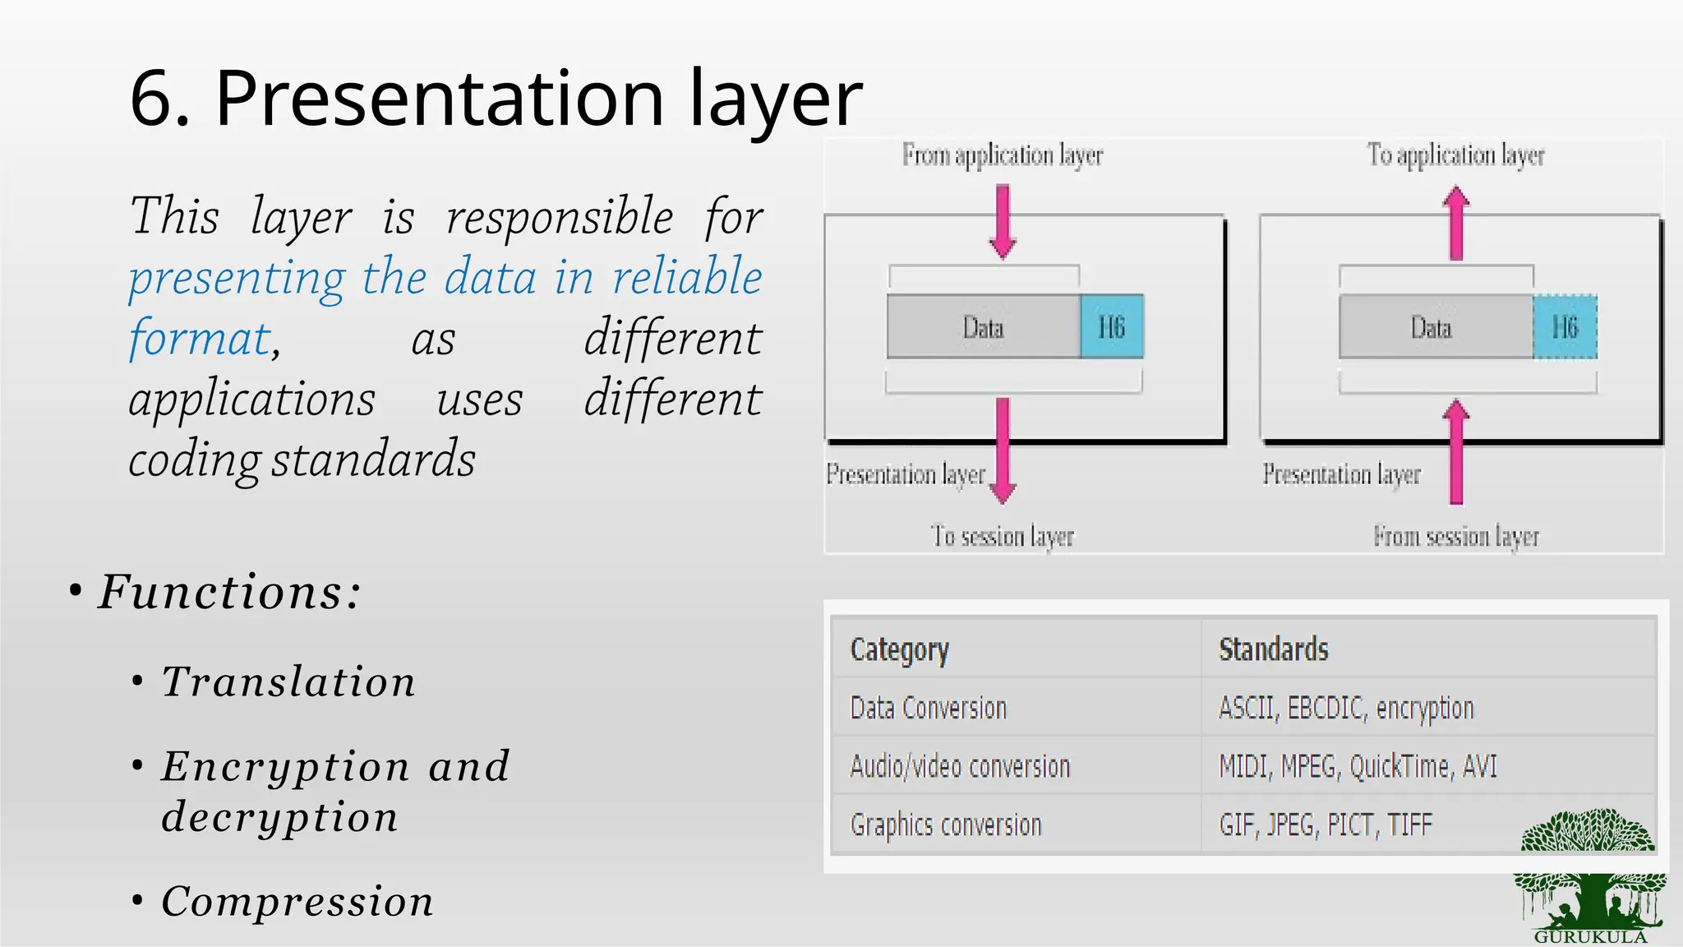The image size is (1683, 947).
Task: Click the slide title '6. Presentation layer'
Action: point(496,99)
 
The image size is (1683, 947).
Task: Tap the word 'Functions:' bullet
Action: point(229,592)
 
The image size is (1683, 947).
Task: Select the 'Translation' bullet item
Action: point(288,681)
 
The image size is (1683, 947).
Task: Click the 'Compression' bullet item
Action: point(297,901)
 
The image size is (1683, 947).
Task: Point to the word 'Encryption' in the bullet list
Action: point(285,766)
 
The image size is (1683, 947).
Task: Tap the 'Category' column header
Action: point(899,649)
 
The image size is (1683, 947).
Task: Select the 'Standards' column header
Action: point(1273,649)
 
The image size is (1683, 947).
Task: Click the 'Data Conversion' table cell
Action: point(928,708)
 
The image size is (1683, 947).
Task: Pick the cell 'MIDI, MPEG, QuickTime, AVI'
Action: point(1358,766)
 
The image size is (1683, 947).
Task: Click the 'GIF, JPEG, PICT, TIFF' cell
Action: point(1325,825)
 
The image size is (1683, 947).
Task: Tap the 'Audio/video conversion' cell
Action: point(960,766)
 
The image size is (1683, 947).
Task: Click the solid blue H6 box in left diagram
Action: point(1111,327)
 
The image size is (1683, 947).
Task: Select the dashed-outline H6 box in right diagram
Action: point(1565,327)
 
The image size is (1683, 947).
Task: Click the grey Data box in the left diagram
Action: point(983,327)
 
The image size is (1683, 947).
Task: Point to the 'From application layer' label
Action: point(1002,155)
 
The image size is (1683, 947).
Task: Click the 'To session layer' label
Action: point(1002,536)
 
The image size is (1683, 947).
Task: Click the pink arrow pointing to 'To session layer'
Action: point(1003,450)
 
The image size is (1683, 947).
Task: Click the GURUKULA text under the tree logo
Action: point(1590,937)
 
